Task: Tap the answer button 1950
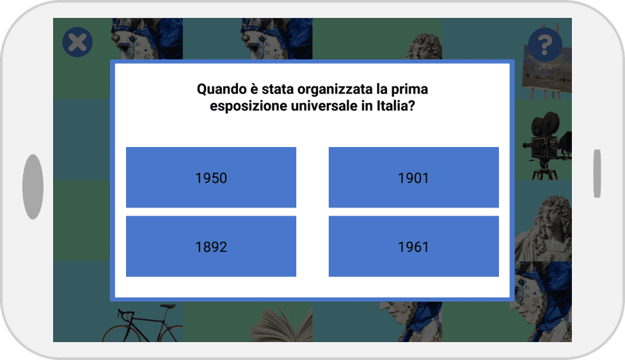(211, 177)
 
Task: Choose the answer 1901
(414, 177)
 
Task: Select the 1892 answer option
(211, 246)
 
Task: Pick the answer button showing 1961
(414, 246)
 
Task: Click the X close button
(78, 42)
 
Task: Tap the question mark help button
(545, 45)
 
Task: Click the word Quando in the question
(221, 90)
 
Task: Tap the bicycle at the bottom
(142, 323)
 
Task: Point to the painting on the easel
(546, 70)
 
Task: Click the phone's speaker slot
(597, 174)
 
